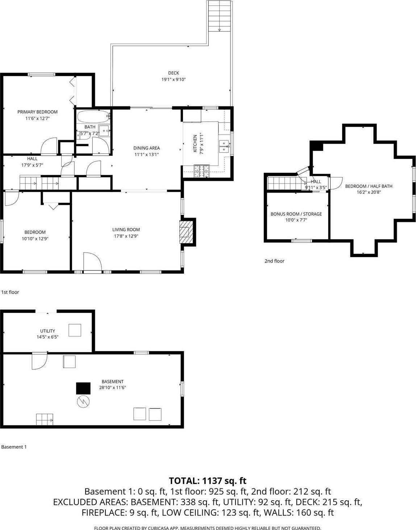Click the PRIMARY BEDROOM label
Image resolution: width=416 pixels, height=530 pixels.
(x=37, y=112)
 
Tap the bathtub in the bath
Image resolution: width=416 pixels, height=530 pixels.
(x=93, y=117)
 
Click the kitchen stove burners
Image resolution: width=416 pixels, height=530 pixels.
(x=201, y=171)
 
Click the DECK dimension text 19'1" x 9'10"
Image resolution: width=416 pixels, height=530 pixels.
(x=173, y=79)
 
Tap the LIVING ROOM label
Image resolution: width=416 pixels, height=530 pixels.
(x=126, y=230)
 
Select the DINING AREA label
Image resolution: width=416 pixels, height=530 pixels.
(x=146, y=148)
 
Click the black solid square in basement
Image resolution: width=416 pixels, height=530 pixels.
(x=83, y=388)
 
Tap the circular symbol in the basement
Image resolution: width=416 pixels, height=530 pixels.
(x=83, y=401)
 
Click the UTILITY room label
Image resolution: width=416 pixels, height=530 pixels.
(x=47, y=331)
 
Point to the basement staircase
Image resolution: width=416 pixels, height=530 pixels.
(x=44, y=419)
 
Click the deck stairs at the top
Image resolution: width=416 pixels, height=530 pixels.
(x=219, y=16)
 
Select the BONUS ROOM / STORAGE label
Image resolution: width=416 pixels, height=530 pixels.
(x=296, y=214)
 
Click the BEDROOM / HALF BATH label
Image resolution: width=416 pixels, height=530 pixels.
(x=369, y=186)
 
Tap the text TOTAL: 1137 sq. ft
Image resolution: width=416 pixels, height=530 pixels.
(x=208, y=481)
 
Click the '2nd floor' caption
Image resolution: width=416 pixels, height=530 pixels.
(x=274, y=261)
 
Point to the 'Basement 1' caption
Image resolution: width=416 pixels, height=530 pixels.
(x=14, y=447)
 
